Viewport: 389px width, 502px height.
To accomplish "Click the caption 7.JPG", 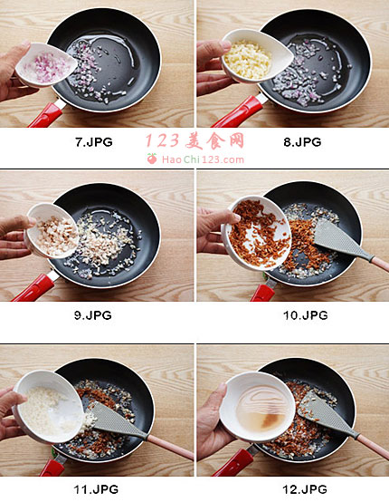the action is click(x=94, y=142).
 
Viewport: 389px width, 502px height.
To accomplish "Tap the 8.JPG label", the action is click(x=302, y=142).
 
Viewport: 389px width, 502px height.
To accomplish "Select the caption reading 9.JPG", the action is click(x=93, y=315).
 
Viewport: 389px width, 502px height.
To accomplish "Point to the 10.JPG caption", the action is click(x=306, y=315).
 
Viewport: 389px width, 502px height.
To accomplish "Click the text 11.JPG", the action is click(x=96, y=489).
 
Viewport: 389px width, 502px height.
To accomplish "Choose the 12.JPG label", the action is click(x=305, y=489).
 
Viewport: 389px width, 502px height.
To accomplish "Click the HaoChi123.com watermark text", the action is click(x=203, y=159).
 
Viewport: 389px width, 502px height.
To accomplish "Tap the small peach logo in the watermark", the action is click(x=152, y=159).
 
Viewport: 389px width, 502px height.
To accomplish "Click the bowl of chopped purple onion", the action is click(x=46, y=65).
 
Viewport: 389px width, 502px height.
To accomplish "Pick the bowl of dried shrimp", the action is click(x=256, y=234).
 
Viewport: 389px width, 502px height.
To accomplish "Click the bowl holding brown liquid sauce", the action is click(x=257, y=406).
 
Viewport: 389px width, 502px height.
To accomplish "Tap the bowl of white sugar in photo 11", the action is click(x=49, y=407).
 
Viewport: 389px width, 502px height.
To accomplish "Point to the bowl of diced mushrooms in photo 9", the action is click(x=52, y=231).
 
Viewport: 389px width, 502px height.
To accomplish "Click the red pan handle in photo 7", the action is click(x=47, y=115).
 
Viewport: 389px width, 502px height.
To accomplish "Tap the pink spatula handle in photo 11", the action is click(x=170, y=446).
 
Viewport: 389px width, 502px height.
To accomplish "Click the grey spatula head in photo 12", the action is click(x=326, y=412).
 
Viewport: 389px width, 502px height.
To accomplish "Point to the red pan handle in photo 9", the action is click(x=34, y=287).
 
